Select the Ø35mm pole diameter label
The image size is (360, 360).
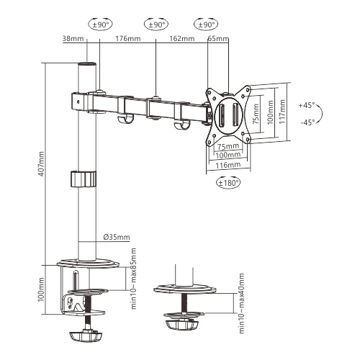click(x=117, y=237)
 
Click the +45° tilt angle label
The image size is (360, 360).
click(x=307, y=105)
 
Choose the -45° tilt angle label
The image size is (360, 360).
click(x=307, y=122)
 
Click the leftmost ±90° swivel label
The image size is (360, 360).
click(x=99, y=24)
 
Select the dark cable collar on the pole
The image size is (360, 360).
click(x=84, y=178)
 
